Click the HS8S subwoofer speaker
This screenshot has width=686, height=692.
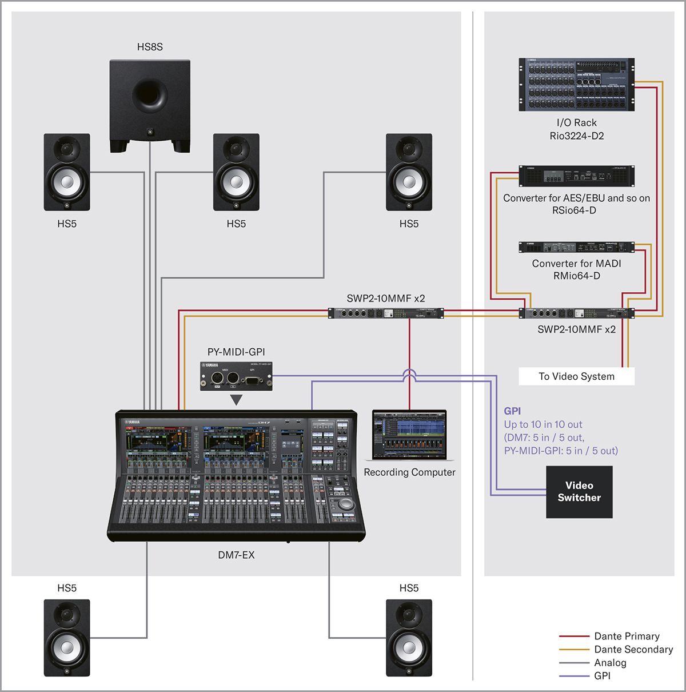[150, 106]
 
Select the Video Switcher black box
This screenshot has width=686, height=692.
[579, 492]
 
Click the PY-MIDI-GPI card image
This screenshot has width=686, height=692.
[236, 376]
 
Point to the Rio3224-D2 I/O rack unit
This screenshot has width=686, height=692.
[576, 85]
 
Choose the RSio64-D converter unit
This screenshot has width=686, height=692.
[576, 176]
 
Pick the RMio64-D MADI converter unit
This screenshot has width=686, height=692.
[576, 247]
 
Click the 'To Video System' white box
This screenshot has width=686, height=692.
[576, 376]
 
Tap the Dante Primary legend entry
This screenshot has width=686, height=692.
[627, 636]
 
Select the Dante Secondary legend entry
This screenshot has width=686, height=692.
[633, 649]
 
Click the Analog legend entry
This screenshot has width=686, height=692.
[610, 662]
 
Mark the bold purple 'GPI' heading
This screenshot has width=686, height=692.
[512, 411]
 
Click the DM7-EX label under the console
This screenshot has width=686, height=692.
[236, 555]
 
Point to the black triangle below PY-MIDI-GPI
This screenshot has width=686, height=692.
[236, 400]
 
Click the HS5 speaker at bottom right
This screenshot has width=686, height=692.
[409, 638]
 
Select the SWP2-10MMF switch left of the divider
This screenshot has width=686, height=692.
[385, 313]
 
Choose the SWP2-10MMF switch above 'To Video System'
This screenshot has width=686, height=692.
[576, 313]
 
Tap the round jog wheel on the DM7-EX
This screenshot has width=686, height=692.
[346, 504]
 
